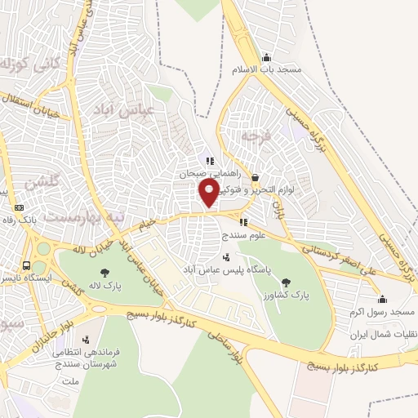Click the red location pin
pos(209,193)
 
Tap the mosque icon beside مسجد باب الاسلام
pos(266,57)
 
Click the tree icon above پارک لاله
pos(104,273)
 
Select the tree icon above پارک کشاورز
pos(285,283)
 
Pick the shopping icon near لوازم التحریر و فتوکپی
pos(255,177)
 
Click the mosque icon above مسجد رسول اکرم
pos(383,299)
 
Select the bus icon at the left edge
pos(27,266)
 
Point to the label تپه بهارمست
pos(50,218)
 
